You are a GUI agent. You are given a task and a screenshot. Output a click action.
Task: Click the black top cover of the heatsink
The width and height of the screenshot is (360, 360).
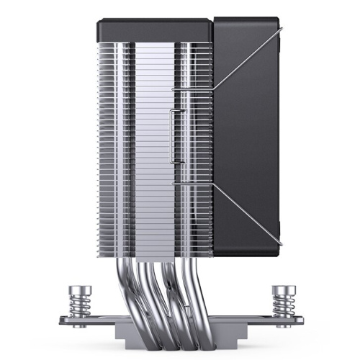point(155,30)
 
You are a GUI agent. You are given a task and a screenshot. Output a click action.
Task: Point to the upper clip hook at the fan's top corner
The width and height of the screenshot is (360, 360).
point(279,29)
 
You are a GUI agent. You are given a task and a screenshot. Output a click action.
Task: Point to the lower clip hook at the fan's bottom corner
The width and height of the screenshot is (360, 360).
point(279,243)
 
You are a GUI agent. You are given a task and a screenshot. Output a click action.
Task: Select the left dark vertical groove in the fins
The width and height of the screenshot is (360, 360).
point(130,144)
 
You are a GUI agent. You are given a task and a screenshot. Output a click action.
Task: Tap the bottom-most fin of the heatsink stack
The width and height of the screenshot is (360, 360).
point(155,254)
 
